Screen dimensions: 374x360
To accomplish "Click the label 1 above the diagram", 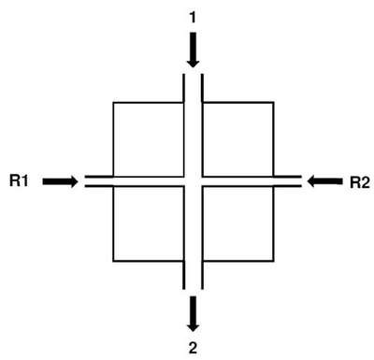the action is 193,18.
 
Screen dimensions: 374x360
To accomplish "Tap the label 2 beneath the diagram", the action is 193,348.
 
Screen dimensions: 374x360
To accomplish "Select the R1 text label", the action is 19,180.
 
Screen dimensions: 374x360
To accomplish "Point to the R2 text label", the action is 360,182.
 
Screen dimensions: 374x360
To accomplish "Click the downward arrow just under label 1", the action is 194,50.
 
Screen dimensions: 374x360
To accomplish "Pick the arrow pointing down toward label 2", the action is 194,314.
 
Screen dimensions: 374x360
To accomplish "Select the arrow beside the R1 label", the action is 60,181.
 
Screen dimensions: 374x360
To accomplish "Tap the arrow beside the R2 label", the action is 324,181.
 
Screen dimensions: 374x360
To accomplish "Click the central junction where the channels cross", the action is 194,181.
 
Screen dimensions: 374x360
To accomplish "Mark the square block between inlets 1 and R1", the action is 149,139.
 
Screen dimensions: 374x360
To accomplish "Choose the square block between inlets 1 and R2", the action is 238,139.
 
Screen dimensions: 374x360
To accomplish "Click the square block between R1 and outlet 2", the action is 149,223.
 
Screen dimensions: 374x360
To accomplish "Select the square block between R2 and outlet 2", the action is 238,223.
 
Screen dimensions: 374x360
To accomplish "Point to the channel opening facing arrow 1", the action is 194,74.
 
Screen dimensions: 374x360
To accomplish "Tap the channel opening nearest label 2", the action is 194,289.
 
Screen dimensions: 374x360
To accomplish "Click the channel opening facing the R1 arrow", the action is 85,181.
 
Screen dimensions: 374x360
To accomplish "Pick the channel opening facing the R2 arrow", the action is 301,181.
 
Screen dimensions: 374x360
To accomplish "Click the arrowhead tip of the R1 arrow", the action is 78,181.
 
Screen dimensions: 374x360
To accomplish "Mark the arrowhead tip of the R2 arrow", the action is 307,181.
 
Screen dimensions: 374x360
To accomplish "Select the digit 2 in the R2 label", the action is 366,182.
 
